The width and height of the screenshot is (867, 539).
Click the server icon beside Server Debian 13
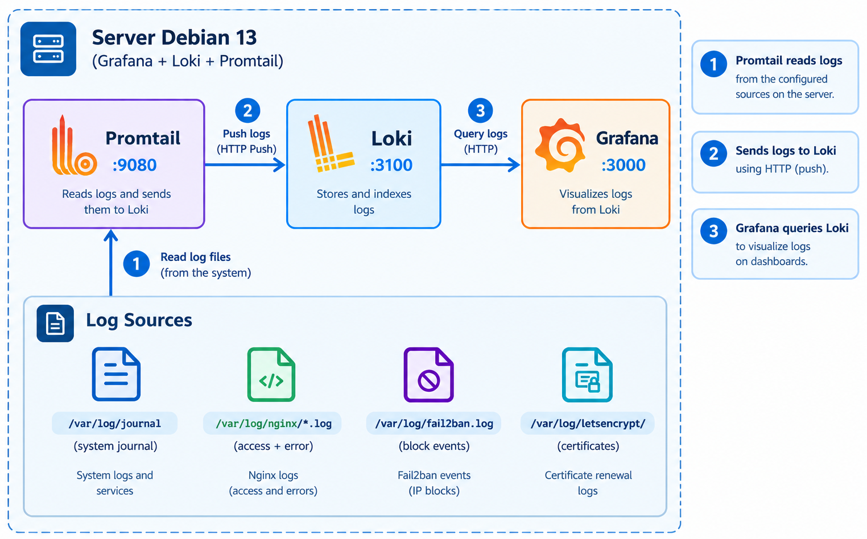[x=48, y=49]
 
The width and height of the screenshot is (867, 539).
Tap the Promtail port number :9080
[x=134, y=165]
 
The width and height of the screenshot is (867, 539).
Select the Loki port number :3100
[x=391, y=165]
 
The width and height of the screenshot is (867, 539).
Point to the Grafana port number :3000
[x=623, y=165]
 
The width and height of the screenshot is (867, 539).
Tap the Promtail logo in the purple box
[x=74, y=146]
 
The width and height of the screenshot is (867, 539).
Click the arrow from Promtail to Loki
[x=245, y=165]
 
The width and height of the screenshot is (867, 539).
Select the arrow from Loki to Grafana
[x=480, y=165]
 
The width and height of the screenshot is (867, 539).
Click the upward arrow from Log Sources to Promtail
[x=111, y=263]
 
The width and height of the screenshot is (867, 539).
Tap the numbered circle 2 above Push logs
[x=247, y=111]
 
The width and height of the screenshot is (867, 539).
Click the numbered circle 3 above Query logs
[x=480, y=111]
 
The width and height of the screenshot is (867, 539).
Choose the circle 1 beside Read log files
[x=136, y=264]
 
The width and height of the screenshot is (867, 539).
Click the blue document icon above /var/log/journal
[x=116, y=374]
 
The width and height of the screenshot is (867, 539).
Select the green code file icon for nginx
[x=271, y=375]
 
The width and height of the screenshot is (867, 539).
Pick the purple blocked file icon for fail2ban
[x=428, y=375]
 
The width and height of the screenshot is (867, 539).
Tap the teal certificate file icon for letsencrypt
[x=587, y=375]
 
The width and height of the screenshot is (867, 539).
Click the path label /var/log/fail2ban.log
[x=434, y=424]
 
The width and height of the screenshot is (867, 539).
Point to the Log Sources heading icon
[x=55, y=323]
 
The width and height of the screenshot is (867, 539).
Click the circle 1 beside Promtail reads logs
[x=713, y=64]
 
